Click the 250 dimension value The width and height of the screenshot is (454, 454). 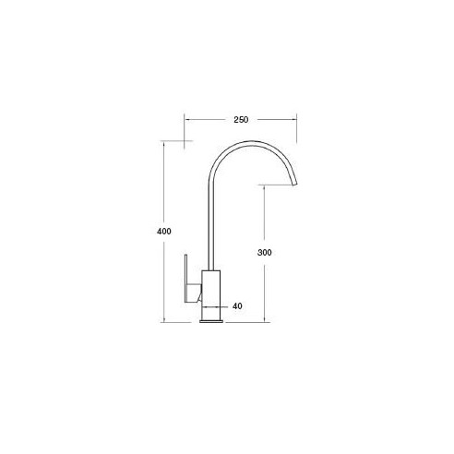tap(241, 120)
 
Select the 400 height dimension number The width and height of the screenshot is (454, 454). tap(164, 231)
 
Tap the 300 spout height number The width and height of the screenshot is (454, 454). tap(265, 253)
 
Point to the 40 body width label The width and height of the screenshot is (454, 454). tap(237, 306)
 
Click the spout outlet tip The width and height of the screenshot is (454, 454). tap(294, 184)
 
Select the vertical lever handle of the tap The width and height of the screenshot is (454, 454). tap(186, 279)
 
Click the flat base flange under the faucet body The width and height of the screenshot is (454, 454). tap(211, 321)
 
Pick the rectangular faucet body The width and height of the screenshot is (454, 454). tap(211, 295)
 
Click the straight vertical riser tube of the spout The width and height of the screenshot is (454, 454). tap(211, 228)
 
